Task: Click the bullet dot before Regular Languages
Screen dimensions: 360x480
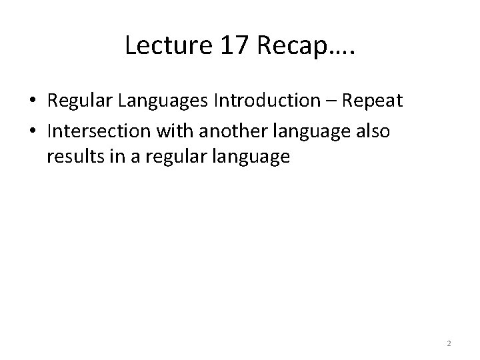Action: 32,101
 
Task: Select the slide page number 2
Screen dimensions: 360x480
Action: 449,343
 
